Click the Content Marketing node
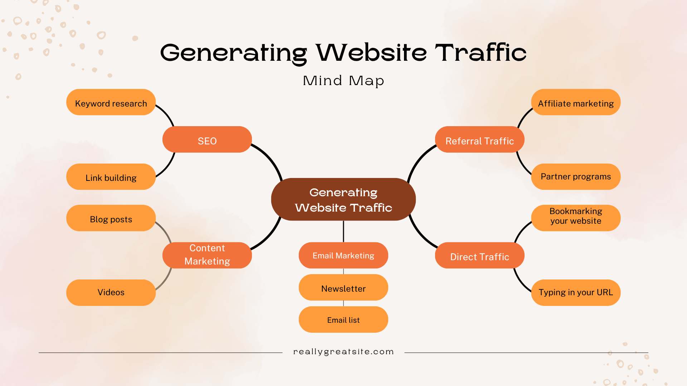[207, 255]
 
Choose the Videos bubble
[111, 292]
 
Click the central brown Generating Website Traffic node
[343, 199]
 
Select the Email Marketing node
[343, 255]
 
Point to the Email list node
[343, 320]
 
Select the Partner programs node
[576, 177]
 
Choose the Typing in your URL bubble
[576, 292]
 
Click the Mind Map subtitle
[343, 81]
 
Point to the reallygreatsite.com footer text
[343, 352]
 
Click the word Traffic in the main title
[481, 53]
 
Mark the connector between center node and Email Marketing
[343, 232]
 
